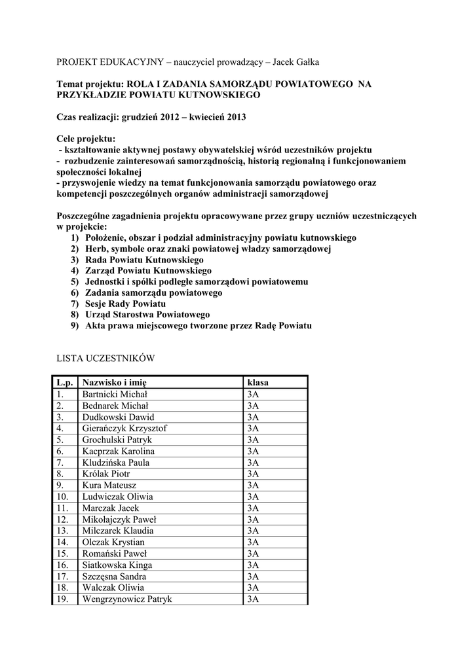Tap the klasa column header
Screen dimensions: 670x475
coord(257,382)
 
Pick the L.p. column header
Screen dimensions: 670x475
coord(64,382)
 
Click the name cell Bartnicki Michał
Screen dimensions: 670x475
coord(115,394)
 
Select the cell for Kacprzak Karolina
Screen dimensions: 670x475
coord(119,451)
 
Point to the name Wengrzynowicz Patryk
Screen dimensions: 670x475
coord(127,599)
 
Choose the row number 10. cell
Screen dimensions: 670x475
coord(62,497)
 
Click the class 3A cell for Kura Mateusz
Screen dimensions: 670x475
coord(254,485)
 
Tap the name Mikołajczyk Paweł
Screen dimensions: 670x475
coord(119,520)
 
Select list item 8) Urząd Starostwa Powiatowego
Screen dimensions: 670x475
coord(141,315)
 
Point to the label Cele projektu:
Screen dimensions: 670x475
coord(86,139)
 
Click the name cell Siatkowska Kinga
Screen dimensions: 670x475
coord(117,565)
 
